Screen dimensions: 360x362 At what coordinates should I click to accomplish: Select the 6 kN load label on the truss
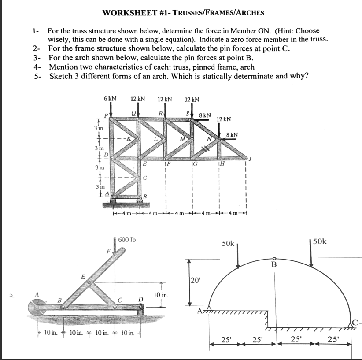tap(110, 99)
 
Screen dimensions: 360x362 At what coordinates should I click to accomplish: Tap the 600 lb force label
tap(127, 239)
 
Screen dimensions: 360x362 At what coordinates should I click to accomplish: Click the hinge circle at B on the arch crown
tap(274, 259)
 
